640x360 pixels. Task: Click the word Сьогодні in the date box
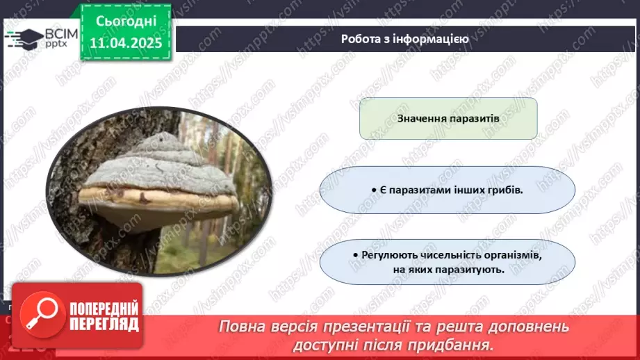(x=125, y=22)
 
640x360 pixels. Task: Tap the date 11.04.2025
(x=125, y=42)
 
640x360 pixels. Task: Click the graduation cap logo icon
(x=24, y=38)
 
